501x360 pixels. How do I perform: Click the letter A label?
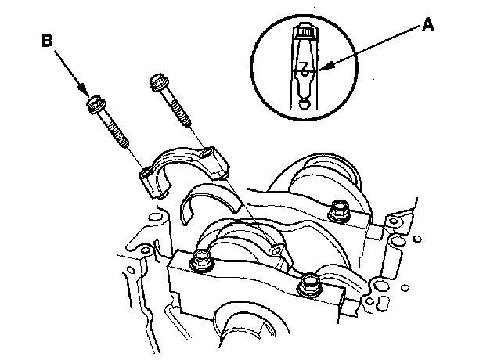[x=428, y=24]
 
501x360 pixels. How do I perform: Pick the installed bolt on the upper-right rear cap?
[x=340, y=209]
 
